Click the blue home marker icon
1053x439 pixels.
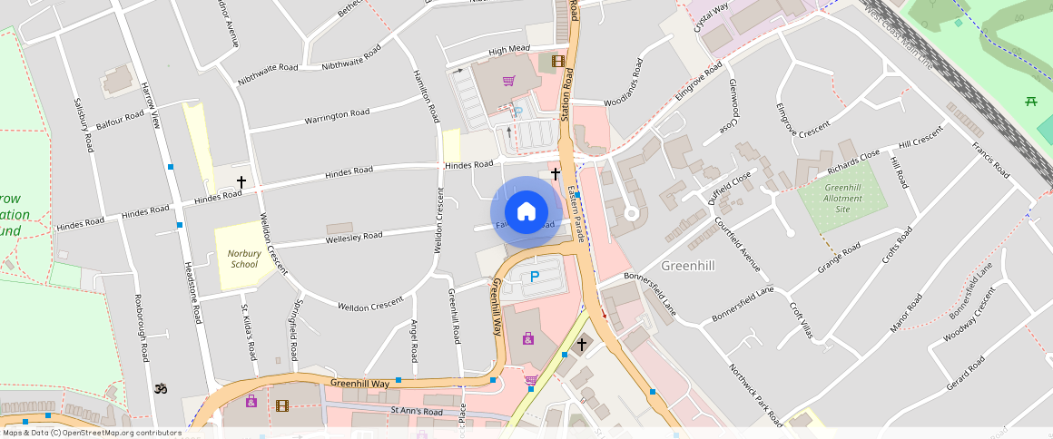point(526,212)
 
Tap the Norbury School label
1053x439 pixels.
point(243,259)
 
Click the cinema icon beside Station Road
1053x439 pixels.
point(557,62)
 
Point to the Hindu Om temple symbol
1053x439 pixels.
point(162,388)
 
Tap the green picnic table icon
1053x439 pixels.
point(1030,102)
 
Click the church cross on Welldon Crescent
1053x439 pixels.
point(241,182)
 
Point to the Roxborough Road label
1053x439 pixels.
point(140,327)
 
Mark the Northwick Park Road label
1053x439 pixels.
point(755,395)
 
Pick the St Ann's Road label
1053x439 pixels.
point(416,412)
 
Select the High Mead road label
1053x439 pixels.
point(508,51)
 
